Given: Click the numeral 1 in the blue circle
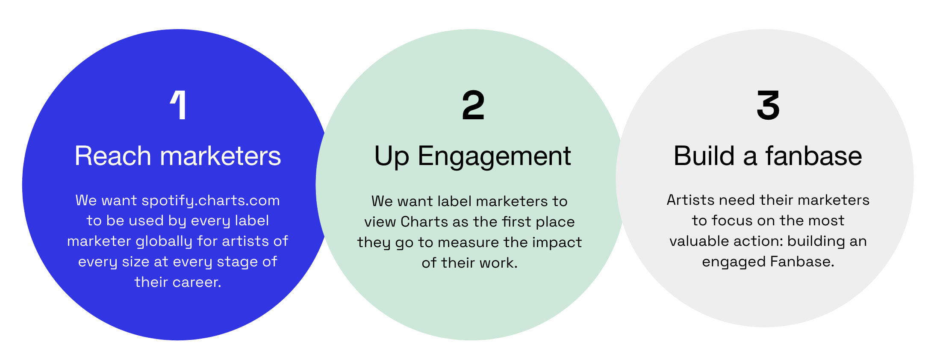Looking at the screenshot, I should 179,105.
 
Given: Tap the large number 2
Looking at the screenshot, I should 473,106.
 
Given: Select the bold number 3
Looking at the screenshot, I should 768,105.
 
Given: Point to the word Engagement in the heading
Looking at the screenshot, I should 494,156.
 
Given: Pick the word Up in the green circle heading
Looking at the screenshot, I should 391,156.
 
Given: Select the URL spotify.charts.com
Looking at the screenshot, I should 211,201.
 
